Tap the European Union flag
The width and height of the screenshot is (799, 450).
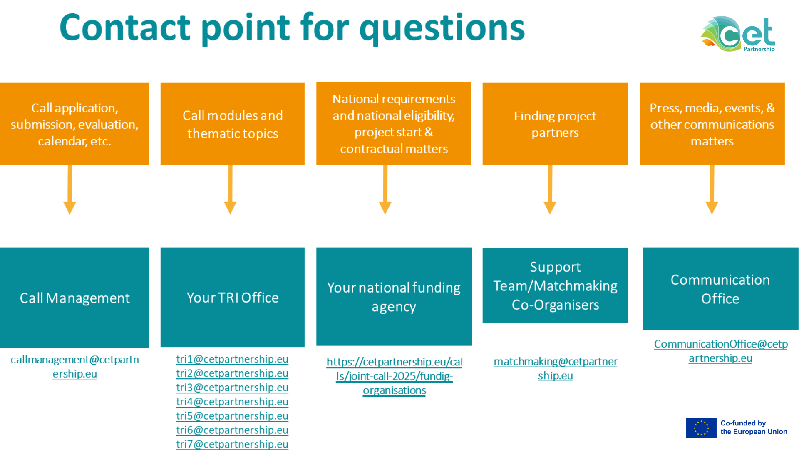coord(701,428)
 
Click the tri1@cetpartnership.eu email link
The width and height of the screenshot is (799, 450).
coord(232,359)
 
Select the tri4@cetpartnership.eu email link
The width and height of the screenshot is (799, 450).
coord(232,402)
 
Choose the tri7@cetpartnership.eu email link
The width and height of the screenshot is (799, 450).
coord(232,444)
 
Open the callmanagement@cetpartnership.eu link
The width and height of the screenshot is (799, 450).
coord(75,367)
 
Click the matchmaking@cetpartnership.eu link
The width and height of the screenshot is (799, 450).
coord(556,368)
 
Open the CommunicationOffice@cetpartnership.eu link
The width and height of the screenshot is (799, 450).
coord(721,351)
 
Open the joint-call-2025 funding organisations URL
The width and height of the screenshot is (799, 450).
coord(395,376)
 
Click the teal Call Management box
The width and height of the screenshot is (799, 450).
coord(74,297)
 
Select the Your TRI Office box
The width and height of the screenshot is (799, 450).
coord(233,297)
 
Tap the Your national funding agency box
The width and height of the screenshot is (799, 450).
coord(394,296)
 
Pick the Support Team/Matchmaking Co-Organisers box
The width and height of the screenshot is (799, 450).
coord(555,285)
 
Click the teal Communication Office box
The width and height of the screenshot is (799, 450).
coord(720,289)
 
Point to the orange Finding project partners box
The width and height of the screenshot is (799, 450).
coord(555,124)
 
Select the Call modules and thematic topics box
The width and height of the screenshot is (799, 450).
coord(233,124)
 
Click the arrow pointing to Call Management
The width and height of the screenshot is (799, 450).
coord(69,190)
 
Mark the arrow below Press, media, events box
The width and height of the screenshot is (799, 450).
coord(712,190)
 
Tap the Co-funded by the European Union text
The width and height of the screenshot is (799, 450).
coord(754,427)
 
